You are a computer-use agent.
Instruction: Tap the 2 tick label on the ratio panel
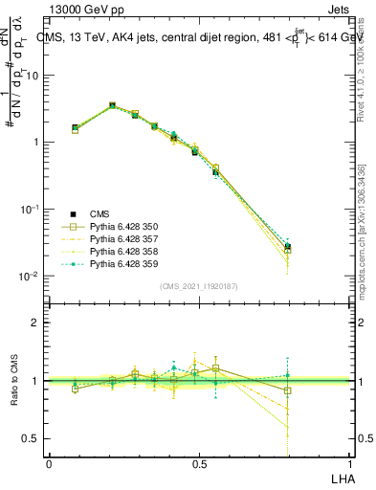34,323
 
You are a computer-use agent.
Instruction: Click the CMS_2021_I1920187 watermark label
198,285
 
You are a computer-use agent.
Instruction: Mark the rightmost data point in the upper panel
288,247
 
